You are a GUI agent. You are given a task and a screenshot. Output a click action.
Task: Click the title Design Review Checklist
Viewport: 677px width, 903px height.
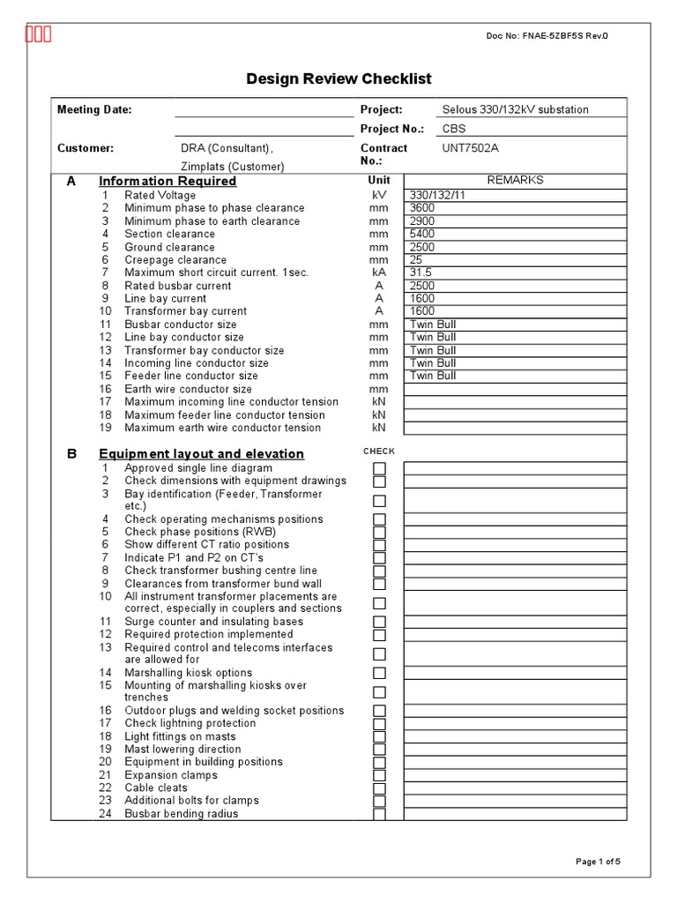tap(338, 79)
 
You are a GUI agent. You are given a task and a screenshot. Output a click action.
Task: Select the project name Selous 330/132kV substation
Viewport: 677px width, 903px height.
tap(516, 109)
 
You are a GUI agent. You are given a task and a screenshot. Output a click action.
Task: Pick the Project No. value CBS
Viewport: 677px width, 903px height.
tap(455, 129)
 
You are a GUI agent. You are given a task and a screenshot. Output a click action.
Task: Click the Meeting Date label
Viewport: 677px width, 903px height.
tap(94, 109)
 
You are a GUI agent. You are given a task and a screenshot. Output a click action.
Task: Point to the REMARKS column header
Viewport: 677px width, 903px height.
tap(516, 180)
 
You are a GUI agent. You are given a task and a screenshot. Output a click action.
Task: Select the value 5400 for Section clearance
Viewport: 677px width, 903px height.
tap(423, 234)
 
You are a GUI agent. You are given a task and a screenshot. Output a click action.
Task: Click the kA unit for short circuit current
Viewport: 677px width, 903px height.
tap(379, 272)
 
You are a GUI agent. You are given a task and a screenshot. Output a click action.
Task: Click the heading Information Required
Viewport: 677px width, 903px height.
tap(167, 181)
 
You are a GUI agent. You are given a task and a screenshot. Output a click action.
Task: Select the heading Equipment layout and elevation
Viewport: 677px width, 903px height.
tap(201, 453)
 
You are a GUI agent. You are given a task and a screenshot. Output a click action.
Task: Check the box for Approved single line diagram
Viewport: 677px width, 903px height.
tap(379, 468)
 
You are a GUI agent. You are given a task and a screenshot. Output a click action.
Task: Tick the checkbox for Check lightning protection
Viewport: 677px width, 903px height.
tap(379, 724)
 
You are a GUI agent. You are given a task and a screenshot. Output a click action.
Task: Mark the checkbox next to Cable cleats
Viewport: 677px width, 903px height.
tap(379, 788)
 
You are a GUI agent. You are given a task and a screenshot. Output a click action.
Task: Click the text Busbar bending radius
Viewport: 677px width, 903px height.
tap(182, 814)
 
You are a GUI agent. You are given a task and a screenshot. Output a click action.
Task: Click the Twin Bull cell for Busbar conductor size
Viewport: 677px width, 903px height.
tap(434, 325)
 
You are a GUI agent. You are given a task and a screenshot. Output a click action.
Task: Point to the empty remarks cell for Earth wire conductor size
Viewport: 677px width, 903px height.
tap(516, 389)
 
